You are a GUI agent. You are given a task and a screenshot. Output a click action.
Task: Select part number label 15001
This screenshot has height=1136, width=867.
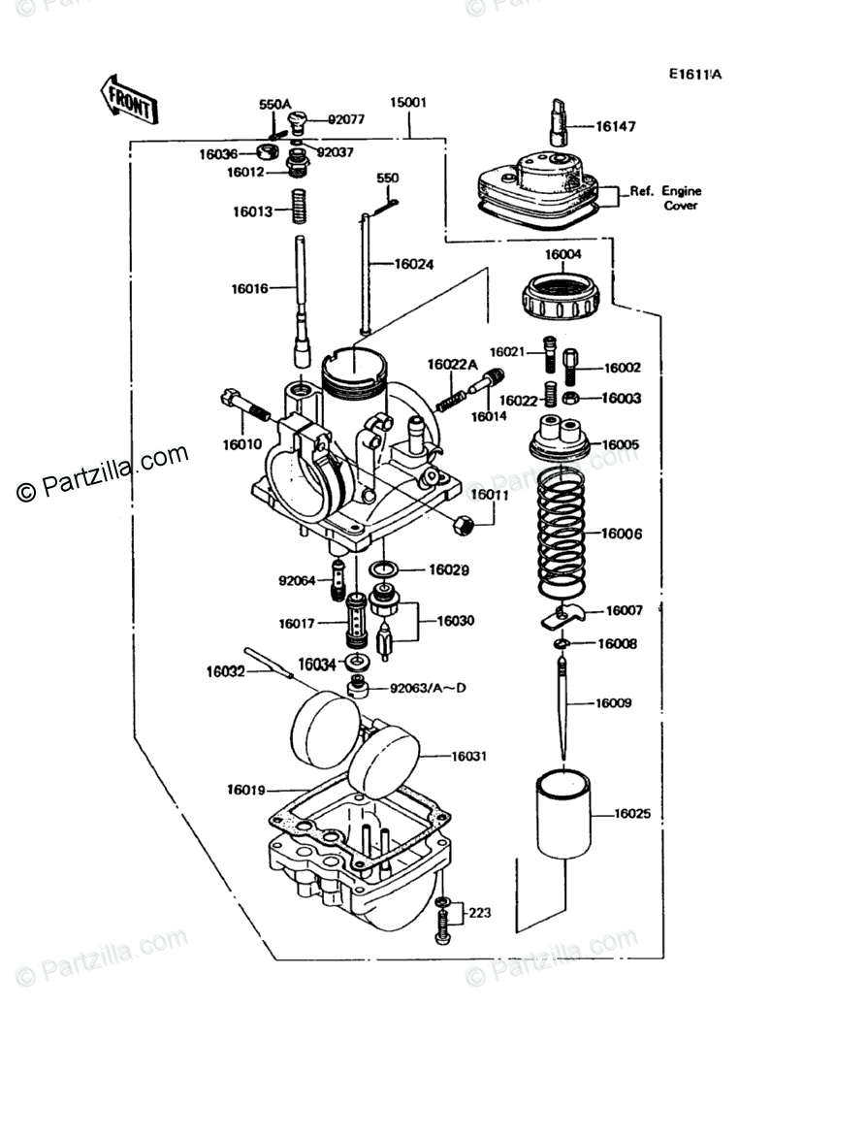pos(408,102)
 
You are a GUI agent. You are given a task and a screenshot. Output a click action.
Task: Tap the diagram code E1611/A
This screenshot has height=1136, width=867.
pos(694,74)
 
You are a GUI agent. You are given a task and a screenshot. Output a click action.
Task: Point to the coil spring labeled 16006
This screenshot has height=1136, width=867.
pos(562,534)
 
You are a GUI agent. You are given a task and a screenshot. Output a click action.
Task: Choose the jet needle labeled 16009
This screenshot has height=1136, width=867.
pos(565,702)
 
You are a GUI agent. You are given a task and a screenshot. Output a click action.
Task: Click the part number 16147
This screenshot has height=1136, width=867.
pos(616,126)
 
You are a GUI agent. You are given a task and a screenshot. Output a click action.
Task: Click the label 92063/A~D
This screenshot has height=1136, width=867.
pos(428,689)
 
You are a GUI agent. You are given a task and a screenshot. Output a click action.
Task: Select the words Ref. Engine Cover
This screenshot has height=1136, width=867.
pos(665,198)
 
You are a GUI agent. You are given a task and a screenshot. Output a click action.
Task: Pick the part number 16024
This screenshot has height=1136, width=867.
pos(414,263)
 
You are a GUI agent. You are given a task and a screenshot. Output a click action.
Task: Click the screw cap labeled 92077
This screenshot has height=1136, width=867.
pos(300,120)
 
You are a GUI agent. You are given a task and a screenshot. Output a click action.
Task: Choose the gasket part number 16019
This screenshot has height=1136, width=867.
pos(247,790)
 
